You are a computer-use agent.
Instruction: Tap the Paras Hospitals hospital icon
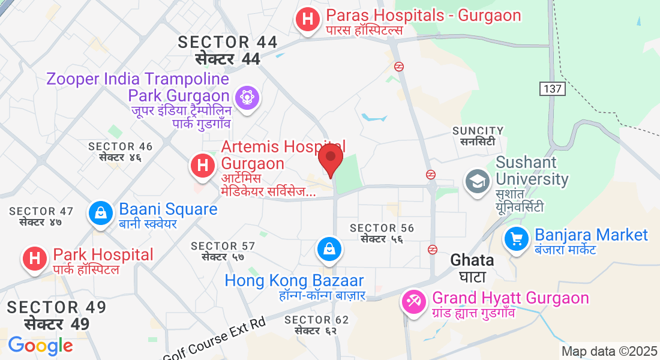308,19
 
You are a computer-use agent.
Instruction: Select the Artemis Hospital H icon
203,164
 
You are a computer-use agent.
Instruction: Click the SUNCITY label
478,131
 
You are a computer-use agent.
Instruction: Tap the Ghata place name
472,260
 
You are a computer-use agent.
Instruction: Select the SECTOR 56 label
382,228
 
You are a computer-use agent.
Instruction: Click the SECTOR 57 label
223,246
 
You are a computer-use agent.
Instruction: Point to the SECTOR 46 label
120,146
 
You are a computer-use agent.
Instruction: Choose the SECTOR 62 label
316,320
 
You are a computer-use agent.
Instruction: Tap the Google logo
40,346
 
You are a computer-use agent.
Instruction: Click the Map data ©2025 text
610,351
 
